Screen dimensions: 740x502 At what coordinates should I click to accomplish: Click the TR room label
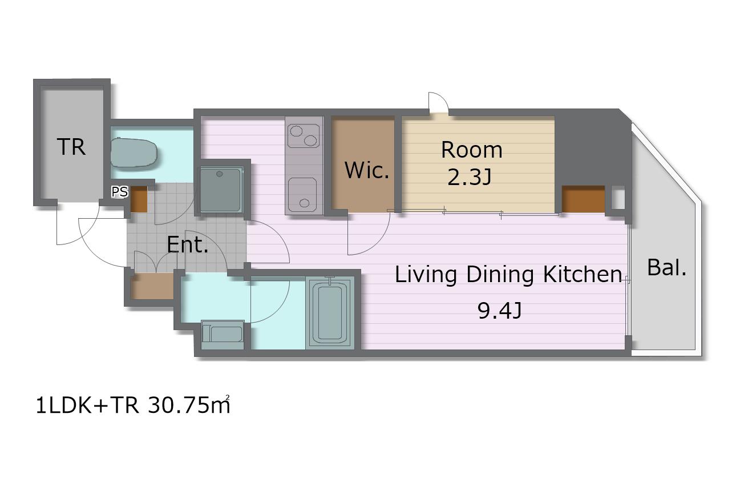71,147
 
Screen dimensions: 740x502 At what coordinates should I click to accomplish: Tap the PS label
120,192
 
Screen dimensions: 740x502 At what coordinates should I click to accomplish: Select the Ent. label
188,244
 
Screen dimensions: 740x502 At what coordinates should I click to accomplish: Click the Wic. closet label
367,170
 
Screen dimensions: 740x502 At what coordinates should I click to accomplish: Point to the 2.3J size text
470,178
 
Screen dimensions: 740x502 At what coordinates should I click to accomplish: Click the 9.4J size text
499,311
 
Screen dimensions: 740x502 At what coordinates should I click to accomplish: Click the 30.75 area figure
189,405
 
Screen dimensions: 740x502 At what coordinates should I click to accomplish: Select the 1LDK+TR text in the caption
87,405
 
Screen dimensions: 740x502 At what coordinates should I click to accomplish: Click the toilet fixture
134,152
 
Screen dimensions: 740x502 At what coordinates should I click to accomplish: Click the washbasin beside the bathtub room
223,334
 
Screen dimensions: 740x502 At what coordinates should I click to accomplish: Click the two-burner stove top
304,135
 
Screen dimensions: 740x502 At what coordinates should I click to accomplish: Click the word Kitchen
583,275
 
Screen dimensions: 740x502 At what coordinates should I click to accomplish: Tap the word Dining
500,275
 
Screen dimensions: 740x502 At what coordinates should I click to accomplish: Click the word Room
471,150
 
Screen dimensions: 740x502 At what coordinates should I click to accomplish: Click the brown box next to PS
139,199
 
